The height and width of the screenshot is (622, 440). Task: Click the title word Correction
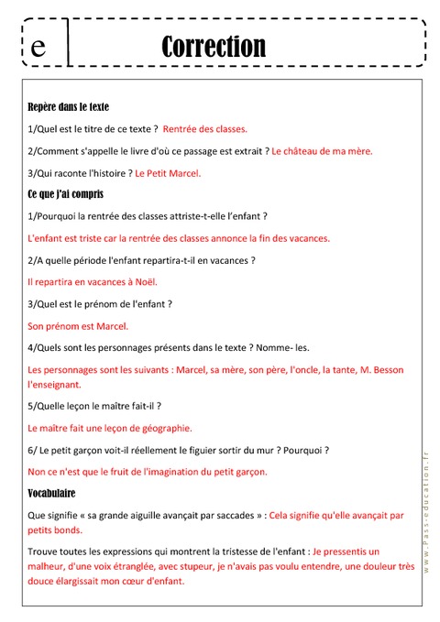[213, 46]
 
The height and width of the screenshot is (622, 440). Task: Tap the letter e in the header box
[38, 48]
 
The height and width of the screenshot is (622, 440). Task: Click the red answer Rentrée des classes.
[205, 129]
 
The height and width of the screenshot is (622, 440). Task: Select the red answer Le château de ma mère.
[323, 151]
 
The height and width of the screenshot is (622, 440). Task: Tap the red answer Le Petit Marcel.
[168, 172]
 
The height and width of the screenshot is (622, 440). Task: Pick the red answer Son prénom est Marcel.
[79, 325]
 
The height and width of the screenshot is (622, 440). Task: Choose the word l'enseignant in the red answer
[56, 385]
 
